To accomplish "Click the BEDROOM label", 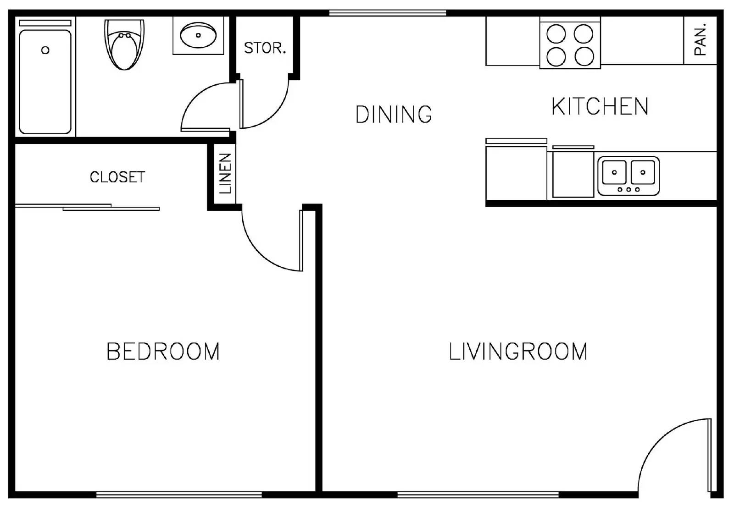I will click(163, 352).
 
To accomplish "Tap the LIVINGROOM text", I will click(518, 352).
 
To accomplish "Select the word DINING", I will click(394, 115).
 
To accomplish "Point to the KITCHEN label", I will click(600, 107).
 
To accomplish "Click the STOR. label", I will click(265, 48).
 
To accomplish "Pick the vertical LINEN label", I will click(225, 173).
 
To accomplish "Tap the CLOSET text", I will click(117, 177).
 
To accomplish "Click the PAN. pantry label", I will click(700, 40).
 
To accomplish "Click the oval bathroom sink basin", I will click(198, 35).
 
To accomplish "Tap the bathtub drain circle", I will click(45, 50).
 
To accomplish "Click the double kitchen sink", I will click(628, 176).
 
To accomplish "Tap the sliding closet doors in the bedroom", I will click(87, 207).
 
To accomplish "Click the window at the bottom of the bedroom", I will click(179, 495).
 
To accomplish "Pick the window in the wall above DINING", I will click(388, 13).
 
